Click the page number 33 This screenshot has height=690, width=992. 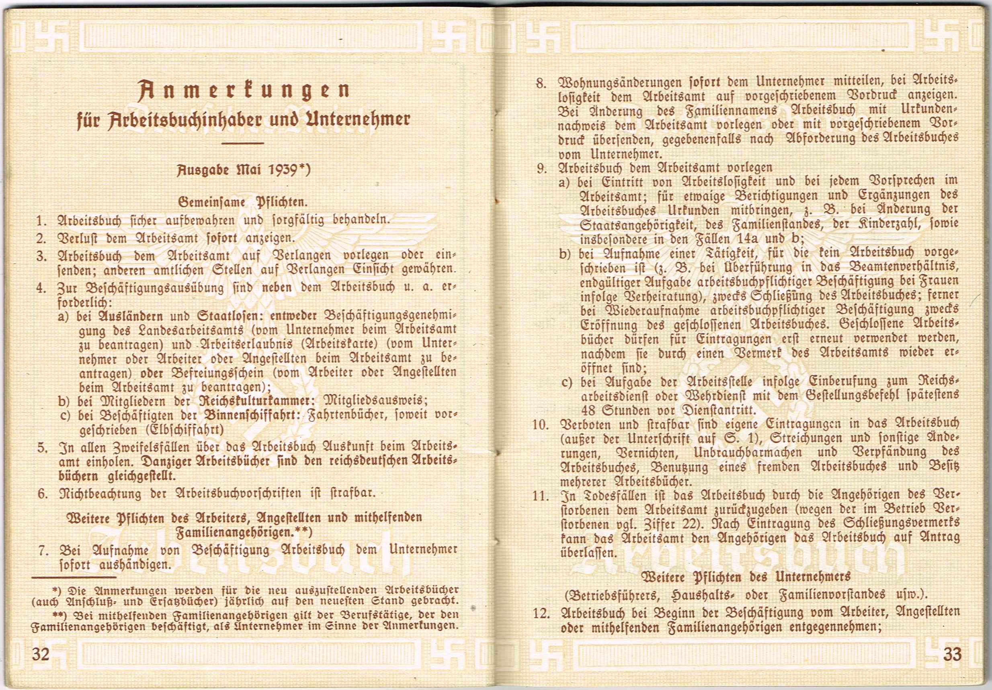[952, 655]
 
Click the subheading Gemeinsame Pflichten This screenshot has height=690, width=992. [243, 202]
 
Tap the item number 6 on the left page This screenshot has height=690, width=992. [42, 494]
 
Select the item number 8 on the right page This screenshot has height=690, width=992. [541, 83]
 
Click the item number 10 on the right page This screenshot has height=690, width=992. [540, 424]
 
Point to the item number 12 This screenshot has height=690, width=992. [541, 613]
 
